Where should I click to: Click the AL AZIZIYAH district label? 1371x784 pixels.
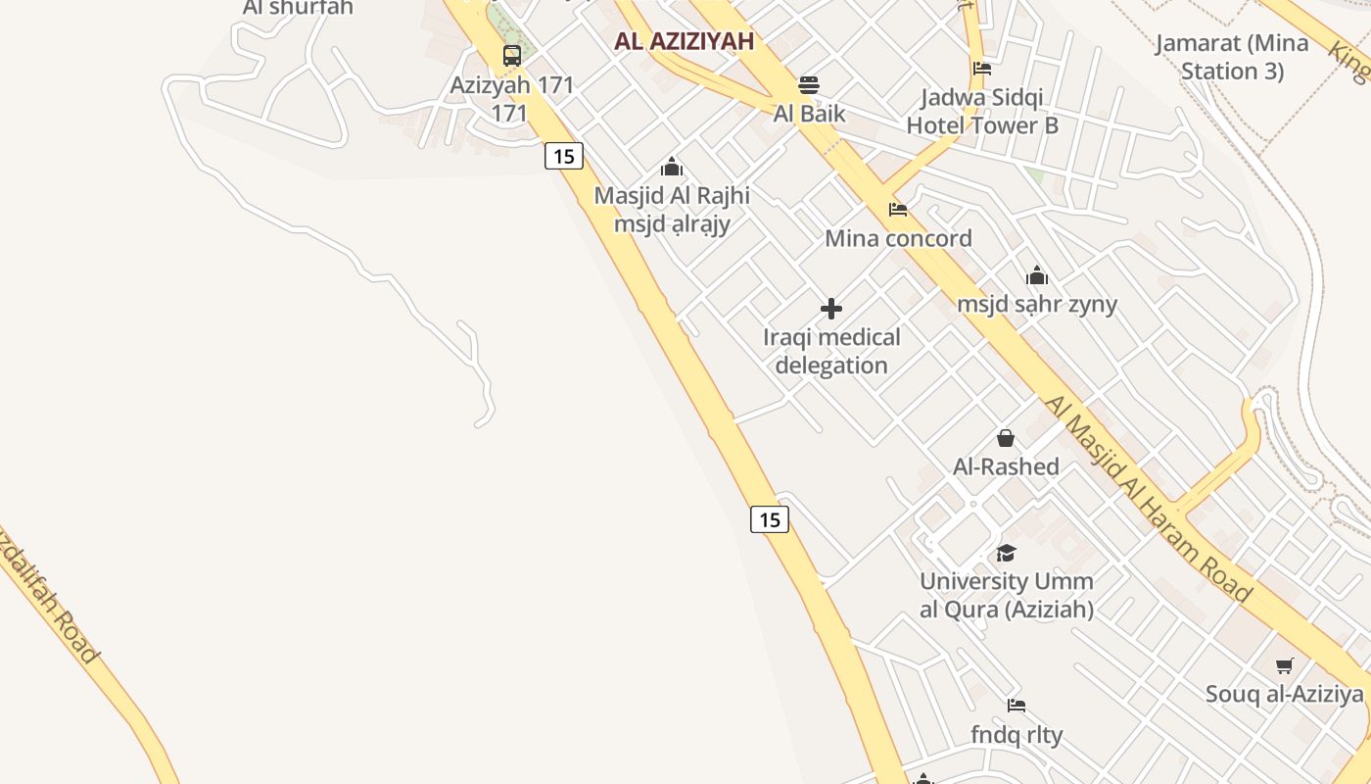coord(685,41)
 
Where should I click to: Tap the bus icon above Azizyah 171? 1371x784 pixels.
coord(512,56)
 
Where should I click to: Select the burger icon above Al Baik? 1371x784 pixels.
coord(808,84)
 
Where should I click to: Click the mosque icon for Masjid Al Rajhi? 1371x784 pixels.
coord(672,167)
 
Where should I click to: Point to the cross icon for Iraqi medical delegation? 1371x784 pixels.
coord(831,309)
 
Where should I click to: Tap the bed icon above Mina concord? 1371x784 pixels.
coord(898,210)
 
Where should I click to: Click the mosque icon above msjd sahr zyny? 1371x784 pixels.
coord(1037,275)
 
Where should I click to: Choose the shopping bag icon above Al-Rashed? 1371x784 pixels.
coord(1006,438)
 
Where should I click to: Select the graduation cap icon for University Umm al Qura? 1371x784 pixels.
coord(1006,553)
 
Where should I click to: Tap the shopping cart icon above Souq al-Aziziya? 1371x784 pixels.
coord(1285,666)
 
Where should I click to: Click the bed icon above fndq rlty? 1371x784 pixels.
coord(1016,706)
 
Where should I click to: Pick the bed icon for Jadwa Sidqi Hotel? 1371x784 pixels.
coord(982,69)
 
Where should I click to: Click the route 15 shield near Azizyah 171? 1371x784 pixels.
coord(564,156)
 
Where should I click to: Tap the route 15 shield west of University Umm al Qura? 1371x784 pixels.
coord(770,519)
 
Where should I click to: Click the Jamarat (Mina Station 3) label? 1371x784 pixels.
coord(1232,57)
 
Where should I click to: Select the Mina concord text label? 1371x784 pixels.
coord(898,238)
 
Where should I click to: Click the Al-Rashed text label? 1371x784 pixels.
coord(1006,466)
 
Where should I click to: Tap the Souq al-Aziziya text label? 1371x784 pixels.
coord(1284,695)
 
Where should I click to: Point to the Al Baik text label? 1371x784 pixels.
coord(809,113)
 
